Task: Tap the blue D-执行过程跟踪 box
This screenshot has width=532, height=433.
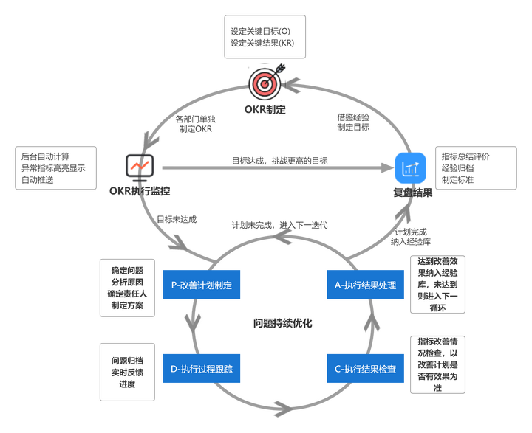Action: pos(202,369)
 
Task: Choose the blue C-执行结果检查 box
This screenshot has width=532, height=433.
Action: pos(366,369)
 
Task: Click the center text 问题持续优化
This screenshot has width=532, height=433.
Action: pos(283,323)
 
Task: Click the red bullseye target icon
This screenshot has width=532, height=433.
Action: pos(264,84)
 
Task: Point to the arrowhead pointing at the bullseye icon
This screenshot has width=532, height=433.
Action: pos(290,87)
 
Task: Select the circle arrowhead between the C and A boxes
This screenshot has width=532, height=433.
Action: pos(372,325)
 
